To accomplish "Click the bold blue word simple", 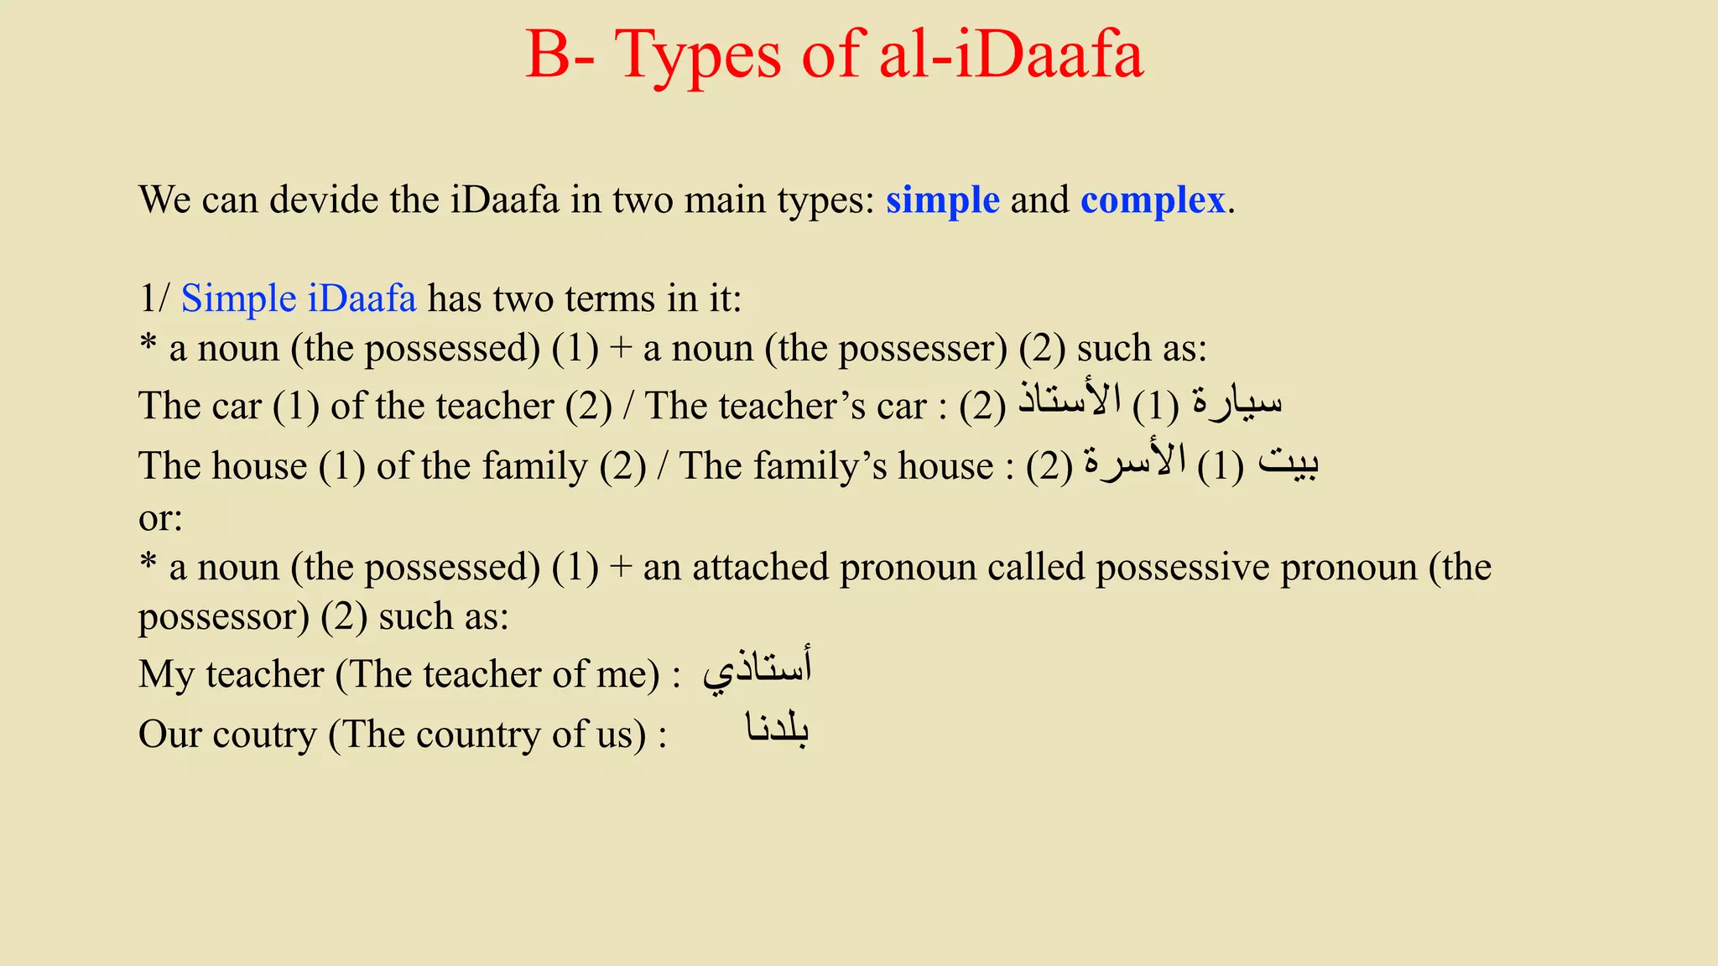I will (942, 200).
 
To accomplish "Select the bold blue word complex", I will (1153, 200).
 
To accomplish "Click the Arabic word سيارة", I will (1236, 402).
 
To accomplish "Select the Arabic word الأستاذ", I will (1070, 400).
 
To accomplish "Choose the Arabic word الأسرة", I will (1134, 462).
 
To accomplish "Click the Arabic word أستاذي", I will (757, 671).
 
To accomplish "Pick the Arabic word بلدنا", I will (777, 730).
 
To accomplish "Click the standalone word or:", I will (160, 518).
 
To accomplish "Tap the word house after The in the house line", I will (259, 466).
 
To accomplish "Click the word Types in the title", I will (699, 55).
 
